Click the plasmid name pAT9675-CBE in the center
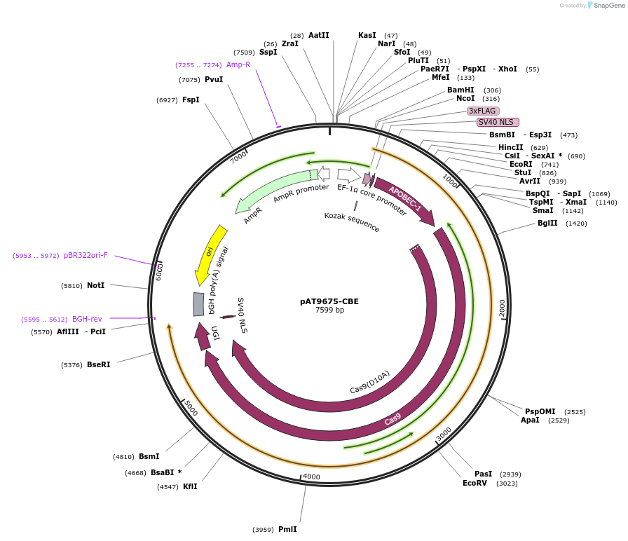[x=329, y=301]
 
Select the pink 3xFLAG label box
[x=483, y=111]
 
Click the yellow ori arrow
[x=210, y=252]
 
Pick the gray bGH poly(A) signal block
[x=198, y=304]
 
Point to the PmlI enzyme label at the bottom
[x=287, y=529]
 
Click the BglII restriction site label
[x=547, y=224]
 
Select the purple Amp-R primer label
[x=238, y=64]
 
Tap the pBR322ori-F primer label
[x=86, y=255]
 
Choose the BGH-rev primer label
[x=87, y=319]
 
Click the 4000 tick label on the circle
[x=311, y=477]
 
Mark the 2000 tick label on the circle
[x=502, y=308]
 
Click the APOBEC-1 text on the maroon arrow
[x=405, y=199]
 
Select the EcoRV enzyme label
[x=475, y=483]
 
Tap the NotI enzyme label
[x=95, y=285]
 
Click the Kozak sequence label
[x=352, y=222]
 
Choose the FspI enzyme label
[x=191, y=100]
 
